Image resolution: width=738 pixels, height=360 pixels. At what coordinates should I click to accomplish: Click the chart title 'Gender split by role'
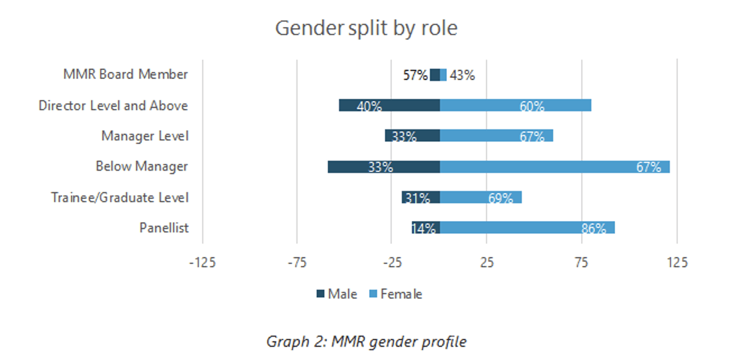coord(366,28)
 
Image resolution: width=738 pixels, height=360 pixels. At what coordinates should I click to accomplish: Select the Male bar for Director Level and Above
coord(389,105)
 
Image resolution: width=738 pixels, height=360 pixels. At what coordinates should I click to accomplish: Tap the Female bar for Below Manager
coord(555,167)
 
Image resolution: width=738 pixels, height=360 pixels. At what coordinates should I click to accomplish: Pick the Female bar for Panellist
coord(527,228)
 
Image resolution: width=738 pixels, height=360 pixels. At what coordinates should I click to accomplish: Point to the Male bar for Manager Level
coord(412,136)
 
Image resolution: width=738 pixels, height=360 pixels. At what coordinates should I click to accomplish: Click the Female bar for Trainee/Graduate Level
coord(480,197)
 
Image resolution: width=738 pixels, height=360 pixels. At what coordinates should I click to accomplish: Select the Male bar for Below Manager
coord(383,167)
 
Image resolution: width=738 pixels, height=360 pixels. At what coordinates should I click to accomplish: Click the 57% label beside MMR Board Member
coord(415,75)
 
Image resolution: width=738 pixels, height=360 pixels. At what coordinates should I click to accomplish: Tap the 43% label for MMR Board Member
coord(462,75)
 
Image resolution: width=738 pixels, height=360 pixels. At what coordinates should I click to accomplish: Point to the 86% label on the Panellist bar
coord(594,228)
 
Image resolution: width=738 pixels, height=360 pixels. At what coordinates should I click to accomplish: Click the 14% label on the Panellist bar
coord(424,228)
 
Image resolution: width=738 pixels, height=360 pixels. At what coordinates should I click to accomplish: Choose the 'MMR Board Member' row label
coord(126,74)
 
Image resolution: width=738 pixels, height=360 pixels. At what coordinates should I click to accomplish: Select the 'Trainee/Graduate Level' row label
coord(120,197)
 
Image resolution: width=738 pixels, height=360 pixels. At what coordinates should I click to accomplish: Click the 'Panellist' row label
coord(164,228)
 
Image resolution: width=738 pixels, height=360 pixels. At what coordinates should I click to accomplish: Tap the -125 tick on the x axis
coord(202,262)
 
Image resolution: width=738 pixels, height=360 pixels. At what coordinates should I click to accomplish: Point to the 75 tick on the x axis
coord(582,262)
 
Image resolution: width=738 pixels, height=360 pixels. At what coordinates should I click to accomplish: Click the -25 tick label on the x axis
coord(392,262)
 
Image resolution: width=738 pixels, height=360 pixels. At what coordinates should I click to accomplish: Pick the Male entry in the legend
coord(337,294)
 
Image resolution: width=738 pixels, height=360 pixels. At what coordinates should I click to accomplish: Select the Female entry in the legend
coord(395,294)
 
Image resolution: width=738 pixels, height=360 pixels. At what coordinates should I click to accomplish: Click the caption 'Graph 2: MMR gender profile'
coord(366,341)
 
